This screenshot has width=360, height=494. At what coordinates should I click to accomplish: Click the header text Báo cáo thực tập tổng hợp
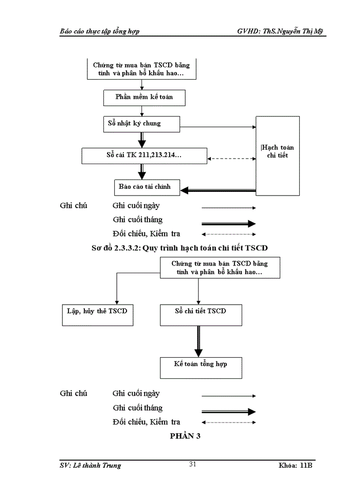click(99, 31)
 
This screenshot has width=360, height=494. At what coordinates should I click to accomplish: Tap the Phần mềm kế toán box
click(141, 97)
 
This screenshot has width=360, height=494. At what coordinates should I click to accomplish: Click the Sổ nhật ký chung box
click(141, 123)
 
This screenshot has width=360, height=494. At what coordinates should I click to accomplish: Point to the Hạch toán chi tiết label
click(278, 151)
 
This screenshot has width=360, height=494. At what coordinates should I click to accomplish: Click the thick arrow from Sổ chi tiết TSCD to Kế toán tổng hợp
click(199, 341)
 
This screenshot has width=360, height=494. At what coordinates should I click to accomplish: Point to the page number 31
click(193, 465)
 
